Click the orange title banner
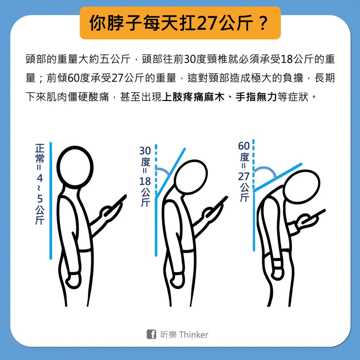[x=180, y=23]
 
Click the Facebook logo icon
[x=151, y=334]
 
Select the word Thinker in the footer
[x=194, y=335]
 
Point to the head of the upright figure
[x=75, y=167]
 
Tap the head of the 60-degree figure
[x=301, y=186]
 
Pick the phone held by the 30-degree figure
[x=217, y=206]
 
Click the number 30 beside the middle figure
[x=145, y=150]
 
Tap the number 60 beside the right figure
[x=244, y=146]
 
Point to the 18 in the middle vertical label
[x=145, y=181]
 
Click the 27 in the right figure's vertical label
[x=244, y=176]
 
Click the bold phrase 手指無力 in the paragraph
[x=256, y=97]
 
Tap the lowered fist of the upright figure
[x=74, y=281]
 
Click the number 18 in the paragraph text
[x=287, y=59]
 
